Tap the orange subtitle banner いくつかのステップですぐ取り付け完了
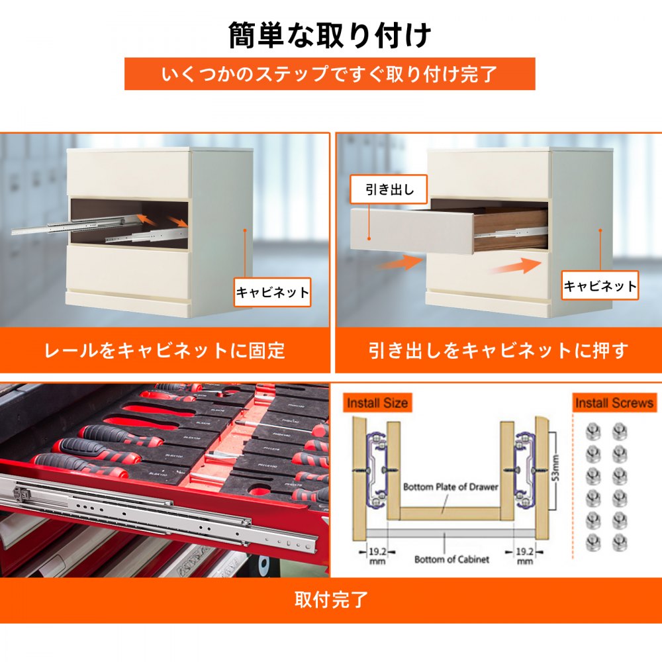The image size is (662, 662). pos(330,74)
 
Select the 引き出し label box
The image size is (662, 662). pos(389,191)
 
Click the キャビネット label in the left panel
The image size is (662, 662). pos(273,292)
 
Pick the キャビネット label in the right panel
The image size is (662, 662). pos(600,286)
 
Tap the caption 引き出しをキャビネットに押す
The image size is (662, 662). pos(497,350)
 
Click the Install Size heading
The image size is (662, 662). pos(377,402)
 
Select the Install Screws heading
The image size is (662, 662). pos(614,402)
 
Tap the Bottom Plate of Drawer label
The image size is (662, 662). pos(450,487)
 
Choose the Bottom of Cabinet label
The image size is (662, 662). pos(451,559)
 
